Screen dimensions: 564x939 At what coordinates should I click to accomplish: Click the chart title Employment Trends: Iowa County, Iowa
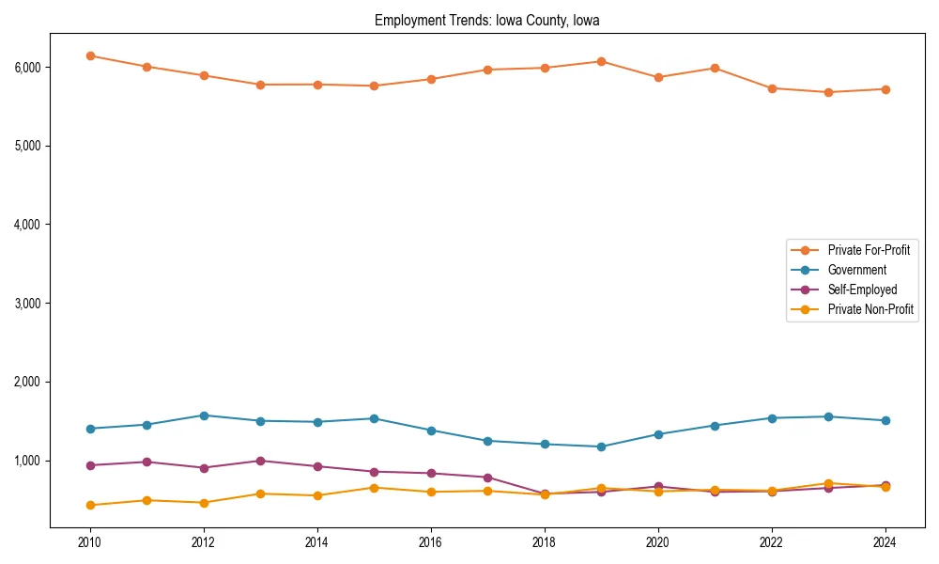[486, 20]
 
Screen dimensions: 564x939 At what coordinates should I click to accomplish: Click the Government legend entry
[856, 270]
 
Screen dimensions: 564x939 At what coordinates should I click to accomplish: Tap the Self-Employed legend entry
[862, 290]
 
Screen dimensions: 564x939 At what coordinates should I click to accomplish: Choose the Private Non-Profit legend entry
[870, 309]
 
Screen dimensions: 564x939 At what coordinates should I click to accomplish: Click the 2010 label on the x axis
[90, 542]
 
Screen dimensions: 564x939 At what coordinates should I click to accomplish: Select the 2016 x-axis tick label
[431, 542]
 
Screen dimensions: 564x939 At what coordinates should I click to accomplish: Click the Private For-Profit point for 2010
[90, 55]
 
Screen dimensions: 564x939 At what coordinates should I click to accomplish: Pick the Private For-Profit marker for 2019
[601, 61]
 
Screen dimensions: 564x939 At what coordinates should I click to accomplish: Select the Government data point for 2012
[204, 415]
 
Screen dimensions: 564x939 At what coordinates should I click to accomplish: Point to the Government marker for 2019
[601, 446]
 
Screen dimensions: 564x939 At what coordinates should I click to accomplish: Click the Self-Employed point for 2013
[260, 461]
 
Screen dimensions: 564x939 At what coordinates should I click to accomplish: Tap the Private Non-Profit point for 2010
[90, 505]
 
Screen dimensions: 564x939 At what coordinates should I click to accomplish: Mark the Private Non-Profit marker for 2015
[374, 488]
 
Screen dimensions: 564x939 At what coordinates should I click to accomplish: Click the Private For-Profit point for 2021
[715, 68]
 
